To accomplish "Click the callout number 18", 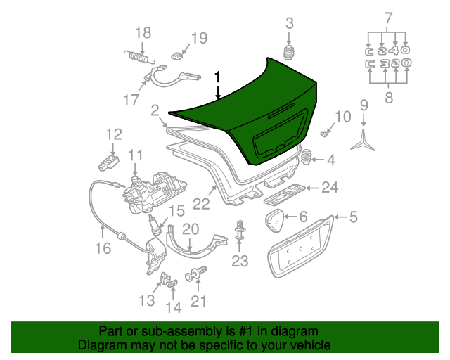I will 143,32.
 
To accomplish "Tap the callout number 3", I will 289,24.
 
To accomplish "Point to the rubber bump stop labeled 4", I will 307,158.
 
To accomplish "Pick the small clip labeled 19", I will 177,53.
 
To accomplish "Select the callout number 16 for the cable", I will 103,247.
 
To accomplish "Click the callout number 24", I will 330,187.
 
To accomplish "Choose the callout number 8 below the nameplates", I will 389,98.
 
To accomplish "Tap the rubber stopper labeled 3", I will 288,53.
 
